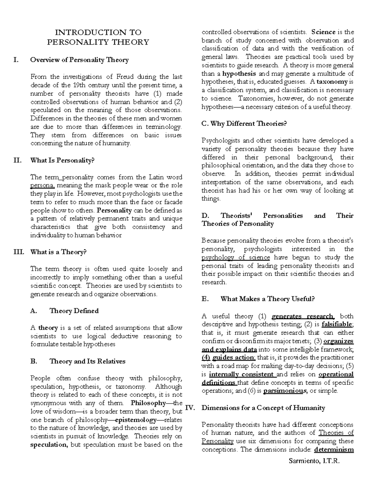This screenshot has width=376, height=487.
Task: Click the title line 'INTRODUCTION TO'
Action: (98, 32)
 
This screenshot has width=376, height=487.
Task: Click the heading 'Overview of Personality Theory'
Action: (79, 60)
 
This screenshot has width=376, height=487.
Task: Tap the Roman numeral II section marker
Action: (18, 161)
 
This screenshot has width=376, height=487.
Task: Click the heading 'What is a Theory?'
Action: (58, 252)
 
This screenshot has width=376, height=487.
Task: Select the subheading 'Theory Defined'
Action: (74, 311)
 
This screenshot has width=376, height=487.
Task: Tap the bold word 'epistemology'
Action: (135, 420)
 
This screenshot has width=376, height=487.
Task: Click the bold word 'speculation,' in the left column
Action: (49, 445)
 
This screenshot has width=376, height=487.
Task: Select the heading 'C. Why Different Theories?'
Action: (244, 124)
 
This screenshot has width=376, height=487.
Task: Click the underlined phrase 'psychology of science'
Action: (236, 257)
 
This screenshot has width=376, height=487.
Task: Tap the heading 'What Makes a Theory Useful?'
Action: (267, 299)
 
